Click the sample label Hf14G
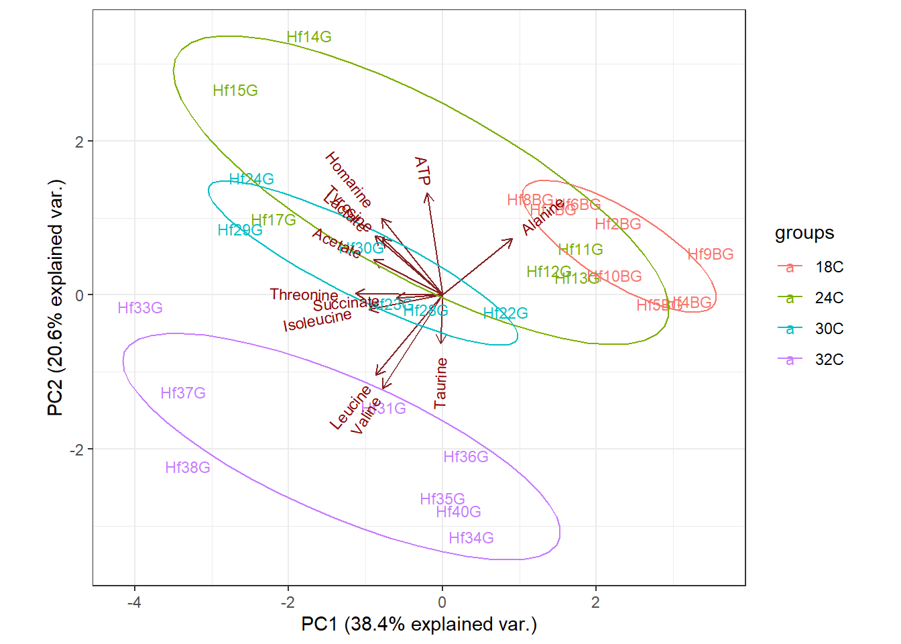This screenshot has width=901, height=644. click(x=309, y=37)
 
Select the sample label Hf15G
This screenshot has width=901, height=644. click(x=235, y=91)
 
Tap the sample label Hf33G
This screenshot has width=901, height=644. click(x=140, y=308)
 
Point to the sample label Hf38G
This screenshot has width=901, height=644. click(x=188, y=468)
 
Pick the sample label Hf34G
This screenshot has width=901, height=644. click(x=471, y=538)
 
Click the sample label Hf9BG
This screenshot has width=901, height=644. click(x=711, y=254)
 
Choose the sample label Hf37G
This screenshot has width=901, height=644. click(x=183, y=393)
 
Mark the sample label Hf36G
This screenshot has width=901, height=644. click(x=466, y=457)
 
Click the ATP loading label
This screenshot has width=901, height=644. click(x=422, y=171)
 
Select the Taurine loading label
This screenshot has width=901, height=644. click(x=440, y=383)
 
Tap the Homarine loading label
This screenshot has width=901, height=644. click(x=348, y=179)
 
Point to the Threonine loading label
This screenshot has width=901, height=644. click(x=304, y=295)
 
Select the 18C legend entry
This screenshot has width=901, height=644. click(x=829, y=267)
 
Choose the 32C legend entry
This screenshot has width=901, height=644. click(x=829, y=360)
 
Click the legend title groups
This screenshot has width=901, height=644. click(x=804, y=233)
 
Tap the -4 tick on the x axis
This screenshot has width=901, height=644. click(x=135, y=602)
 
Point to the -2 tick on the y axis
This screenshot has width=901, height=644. click(x=78, y=449)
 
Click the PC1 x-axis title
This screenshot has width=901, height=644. click(x=419, y=625)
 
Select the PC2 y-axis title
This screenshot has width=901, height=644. click(x=56, y=297)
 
